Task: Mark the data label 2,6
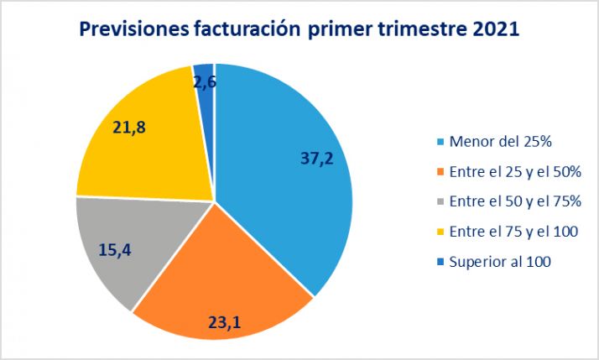click(206, 82)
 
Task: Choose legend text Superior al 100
click(499, 262)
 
